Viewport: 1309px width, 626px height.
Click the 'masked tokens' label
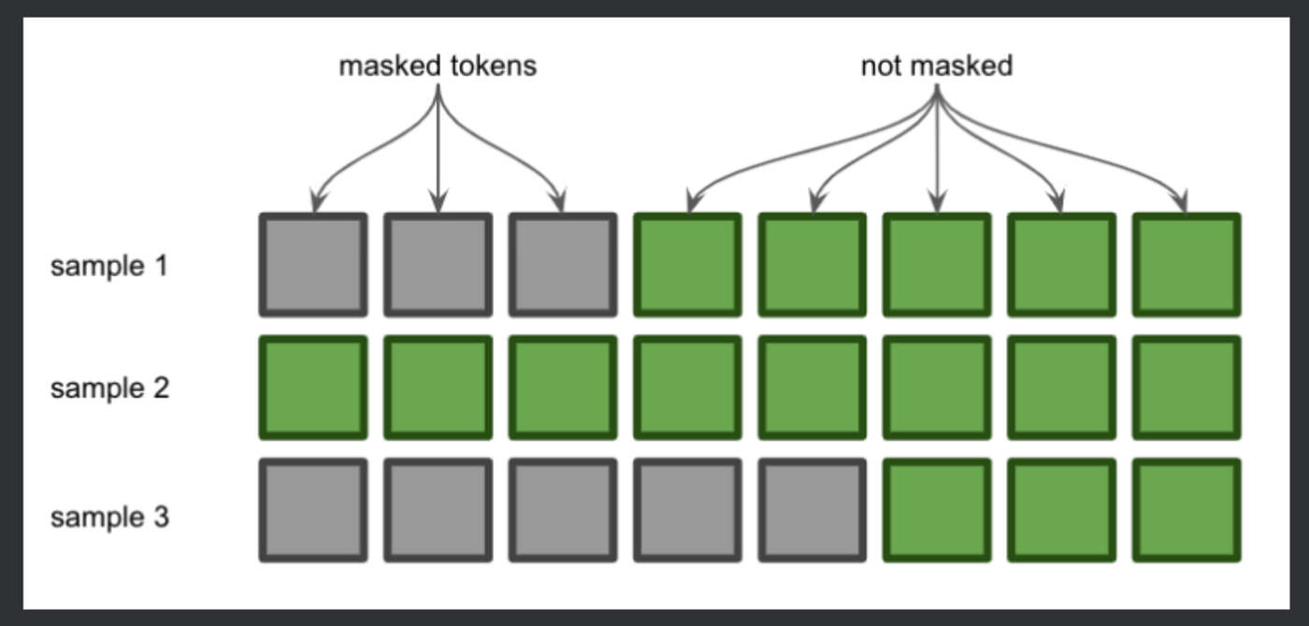tap(437, 66)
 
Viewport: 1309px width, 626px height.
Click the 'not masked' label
tap(936, 66)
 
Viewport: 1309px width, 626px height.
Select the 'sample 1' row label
tap(109, 267)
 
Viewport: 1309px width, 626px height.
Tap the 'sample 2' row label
tap(109, 388)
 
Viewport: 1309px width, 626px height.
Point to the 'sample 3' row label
tap(109, 517)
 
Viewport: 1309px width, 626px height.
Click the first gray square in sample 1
tap(313, 265)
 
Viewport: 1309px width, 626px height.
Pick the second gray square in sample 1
tap(438, 265)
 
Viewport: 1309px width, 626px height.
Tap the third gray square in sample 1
tap(563, 265)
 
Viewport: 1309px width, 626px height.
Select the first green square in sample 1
tap(687, 265)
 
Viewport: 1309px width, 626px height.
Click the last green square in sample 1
tap(1186, 265)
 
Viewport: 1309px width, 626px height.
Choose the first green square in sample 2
tap(313, 387)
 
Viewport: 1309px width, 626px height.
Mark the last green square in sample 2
tap(1186, 387)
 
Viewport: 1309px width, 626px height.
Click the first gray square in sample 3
tap(313, 510)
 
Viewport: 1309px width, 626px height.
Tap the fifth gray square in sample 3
tap(812, 510)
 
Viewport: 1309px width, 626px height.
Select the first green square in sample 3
tap(937, 510)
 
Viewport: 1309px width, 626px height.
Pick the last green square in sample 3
tap(1186, 510)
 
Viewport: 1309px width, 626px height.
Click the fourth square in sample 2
tap(687, 387)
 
